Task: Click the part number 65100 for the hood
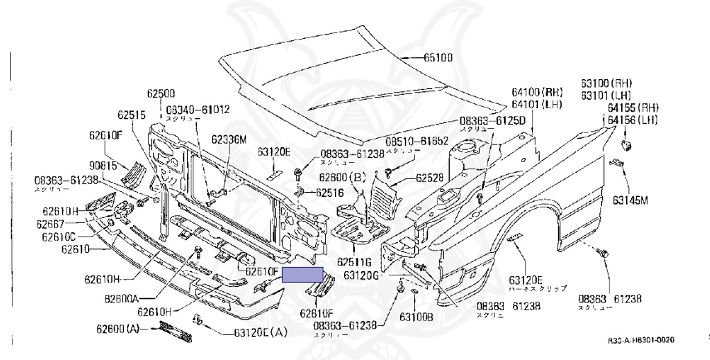439,58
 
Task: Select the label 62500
160,92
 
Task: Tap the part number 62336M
229,139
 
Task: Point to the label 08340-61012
198,110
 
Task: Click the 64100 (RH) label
537,92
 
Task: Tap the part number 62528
430,178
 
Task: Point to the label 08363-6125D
493,121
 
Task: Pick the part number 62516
330,192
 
